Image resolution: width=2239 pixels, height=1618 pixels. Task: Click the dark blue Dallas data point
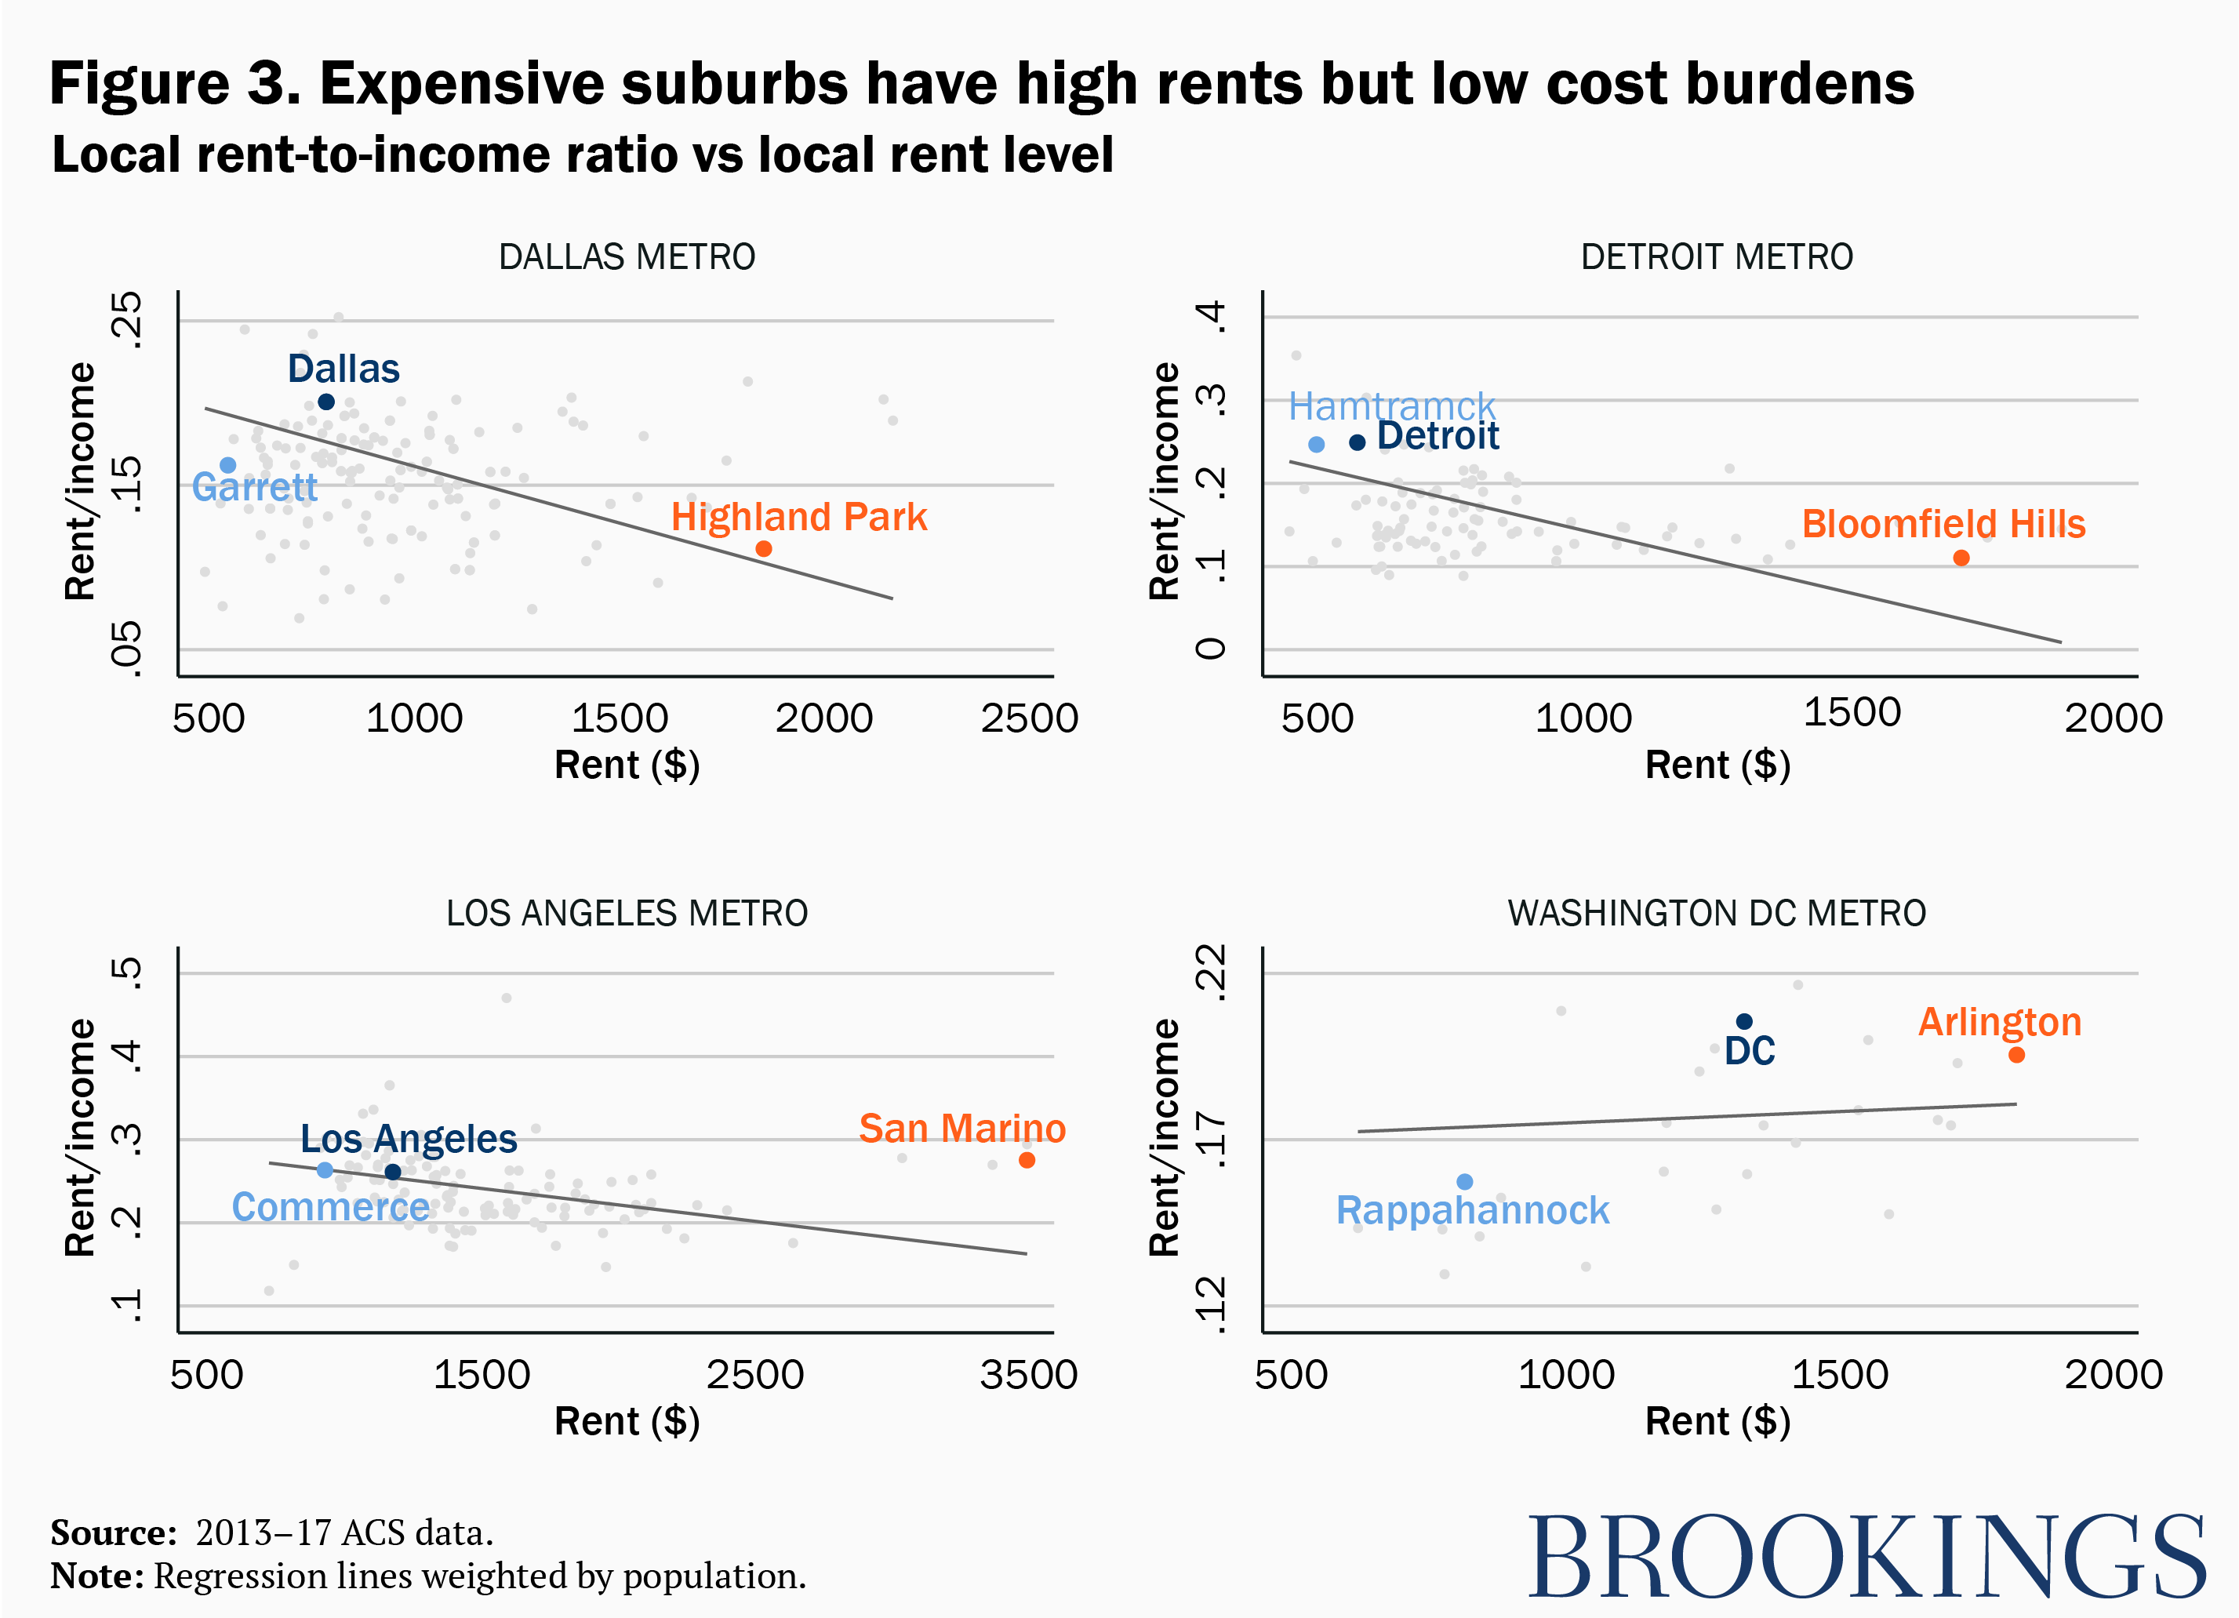coord(325,402)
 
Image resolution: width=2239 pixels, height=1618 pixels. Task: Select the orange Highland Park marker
coord(763,549)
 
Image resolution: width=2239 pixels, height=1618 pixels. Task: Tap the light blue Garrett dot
coord(228,465)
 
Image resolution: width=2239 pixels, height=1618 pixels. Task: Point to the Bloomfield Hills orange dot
coord(1961,558)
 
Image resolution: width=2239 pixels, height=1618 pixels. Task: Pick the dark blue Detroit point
coord(1357,442)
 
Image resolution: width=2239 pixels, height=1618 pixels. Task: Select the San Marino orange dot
coord(1027,1160)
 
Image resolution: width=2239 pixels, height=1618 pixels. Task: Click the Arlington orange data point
coord(2016,1056)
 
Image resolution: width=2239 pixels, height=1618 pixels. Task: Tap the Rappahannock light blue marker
coord(1464,1182)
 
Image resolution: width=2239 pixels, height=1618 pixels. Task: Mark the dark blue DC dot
coord(1743,1022)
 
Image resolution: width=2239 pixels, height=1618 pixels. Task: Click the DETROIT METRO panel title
coord(1716,256)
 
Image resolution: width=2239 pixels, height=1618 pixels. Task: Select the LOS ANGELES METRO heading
coord(627,913)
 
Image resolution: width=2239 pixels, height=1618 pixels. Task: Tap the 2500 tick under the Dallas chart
coord(1029,718)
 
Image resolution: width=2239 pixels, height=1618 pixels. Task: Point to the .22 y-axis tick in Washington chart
coord(1212,973)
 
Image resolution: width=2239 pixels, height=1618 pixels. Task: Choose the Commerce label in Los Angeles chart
coord(331,1207)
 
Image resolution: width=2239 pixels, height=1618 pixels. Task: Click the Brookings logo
coord(1866,1557)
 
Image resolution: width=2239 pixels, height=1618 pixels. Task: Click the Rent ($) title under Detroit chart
coord(1717,765)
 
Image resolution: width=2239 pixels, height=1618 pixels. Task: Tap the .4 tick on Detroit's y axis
coord(1212,317)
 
